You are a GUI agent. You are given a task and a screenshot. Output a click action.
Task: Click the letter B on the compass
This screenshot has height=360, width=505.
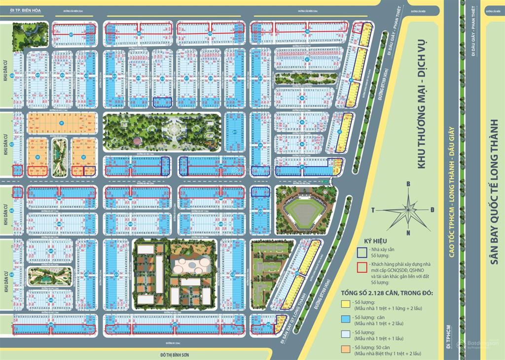pos(408,184)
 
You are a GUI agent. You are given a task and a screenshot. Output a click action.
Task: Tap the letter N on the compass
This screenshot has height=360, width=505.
pos(408,233)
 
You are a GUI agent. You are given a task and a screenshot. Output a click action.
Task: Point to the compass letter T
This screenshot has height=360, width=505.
pos(373,210)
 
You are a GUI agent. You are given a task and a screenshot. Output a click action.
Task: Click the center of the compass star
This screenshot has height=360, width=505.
pos(408,208)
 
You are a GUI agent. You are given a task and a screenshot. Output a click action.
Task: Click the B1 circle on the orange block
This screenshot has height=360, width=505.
pos(62,123)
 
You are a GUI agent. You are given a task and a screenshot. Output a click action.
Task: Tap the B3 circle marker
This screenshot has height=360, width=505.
pos(37,157)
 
